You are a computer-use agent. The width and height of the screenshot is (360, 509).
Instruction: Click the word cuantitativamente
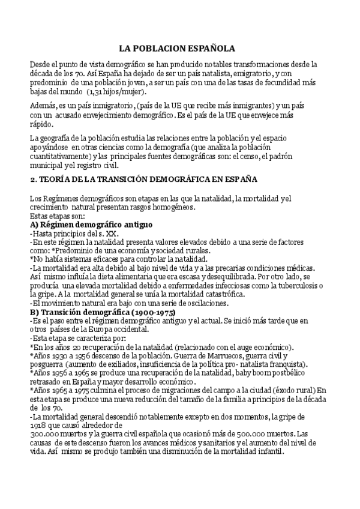click(x=65, y=156)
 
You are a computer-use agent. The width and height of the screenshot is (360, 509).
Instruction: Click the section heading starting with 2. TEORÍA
click(x=143, y=179)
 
